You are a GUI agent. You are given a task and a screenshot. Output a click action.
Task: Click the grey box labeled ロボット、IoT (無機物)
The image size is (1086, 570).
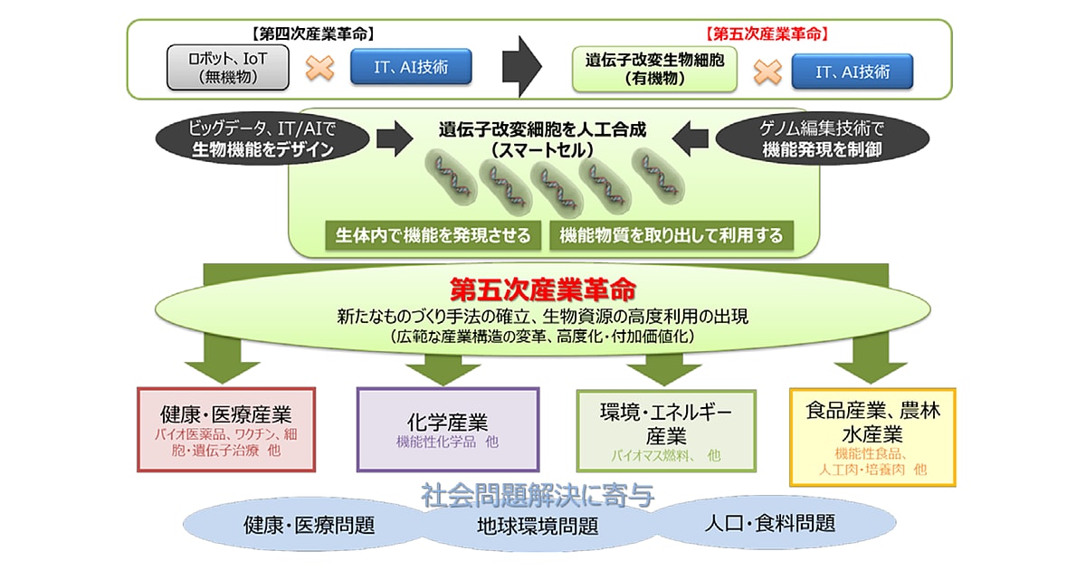(228, 67)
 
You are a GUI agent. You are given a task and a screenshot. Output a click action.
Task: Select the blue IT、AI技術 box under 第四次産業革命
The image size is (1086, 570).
(411, 66)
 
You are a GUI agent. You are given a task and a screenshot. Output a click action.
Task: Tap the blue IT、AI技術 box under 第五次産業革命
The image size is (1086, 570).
(853, 71)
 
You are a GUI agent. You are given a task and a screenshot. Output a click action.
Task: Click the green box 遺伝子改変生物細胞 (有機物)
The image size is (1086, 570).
(654, 69)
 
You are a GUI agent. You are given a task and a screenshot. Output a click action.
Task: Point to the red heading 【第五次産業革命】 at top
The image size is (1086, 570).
(767, 34)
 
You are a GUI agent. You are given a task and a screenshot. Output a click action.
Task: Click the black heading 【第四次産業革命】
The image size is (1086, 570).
(313, 34)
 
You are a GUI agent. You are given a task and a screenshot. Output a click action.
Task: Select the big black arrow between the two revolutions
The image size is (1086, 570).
(521, 66)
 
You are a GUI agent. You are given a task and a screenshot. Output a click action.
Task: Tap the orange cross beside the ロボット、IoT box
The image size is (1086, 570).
(320, 68)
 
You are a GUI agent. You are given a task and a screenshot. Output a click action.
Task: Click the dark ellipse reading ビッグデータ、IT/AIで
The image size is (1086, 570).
(262, 138)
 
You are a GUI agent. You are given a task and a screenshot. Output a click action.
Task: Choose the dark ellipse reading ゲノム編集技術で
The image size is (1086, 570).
(823, 138)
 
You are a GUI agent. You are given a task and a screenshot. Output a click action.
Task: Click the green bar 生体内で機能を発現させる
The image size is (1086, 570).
(433, 235)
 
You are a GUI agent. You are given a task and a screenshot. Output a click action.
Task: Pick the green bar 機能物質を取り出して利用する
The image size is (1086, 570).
(672, 235)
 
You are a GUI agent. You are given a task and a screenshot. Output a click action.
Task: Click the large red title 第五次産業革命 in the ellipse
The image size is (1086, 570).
(543, 290)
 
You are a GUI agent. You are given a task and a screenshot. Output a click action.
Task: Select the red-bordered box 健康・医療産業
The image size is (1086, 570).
(226, 430)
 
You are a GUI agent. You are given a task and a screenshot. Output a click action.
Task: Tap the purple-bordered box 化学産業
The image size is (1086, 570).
(448, 430)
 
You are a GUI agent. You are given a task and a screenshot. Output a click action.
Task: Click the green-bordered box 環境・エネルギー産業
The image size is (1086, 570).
(666, 431)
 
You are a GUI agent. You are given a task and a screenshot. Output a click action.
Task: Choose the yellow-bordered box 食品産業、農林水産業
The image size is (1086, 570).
(872, 437)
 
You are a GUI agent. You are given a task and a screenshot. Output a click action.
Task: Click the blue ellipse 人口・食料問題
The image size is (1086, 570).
(771, 524)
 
